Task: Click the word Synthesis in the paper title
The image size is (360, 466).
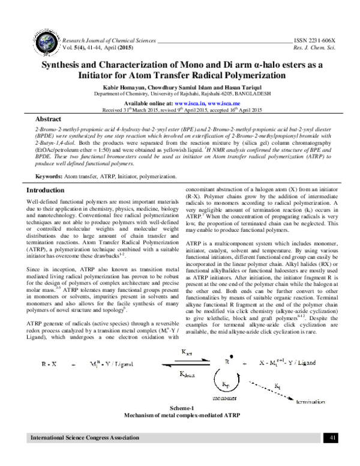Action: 67,64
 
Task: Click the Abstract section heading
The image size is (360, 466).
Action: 49,120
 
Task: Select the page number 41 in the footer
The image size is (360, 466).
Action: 333,456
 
